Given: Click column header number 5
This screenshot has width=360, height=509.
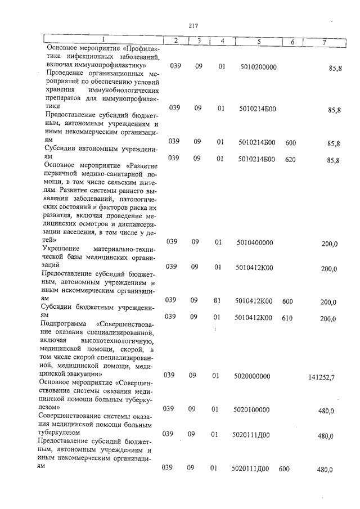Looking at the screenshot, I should tap(258, 41).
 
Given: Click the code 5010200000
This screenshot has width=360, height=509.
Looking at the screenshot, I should tap(258, 66).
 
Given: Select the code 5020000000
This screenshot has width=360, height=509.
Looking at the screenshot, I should tap(251, 375).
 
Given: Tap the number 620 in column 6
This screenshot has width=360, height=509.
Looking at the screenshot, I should tap(290, 159).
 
